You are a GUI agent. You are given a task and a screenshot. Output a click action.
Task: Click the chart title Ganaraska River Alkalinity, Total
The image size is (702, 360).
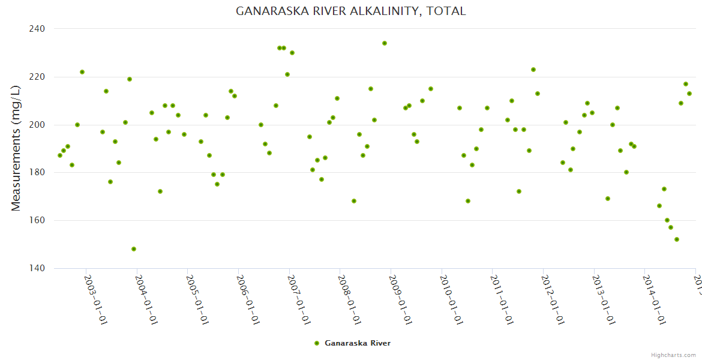[350, 11]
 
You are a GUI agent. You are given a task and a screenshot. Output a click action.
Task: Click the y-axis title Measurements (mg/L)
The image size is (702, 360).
[16, 148]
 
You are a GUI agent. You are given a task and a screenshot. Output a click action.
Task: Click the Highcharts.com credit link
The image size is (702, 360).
[673, 355]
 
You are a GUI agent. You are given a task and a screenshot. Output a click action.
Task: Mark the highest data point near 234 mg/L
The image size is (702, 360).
[385, 43]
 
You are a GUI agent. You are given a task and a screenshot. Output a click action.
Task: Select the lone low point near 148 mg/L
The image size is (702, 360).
[134, 249]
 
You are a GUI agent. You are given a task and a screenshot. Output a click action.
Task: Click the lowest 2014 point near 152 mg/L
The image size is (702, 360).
[677, 239]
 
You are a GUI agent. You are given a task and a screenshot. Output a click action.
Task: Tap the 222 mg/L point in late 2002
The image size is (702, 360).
[82, 72]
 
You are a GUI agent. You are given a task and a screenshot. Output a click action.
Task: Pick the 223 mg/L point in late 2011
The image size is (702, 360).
[533, 70]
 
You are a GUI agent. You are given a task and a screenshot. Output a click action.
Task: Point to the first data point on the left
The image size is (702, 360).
[59, 155]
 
